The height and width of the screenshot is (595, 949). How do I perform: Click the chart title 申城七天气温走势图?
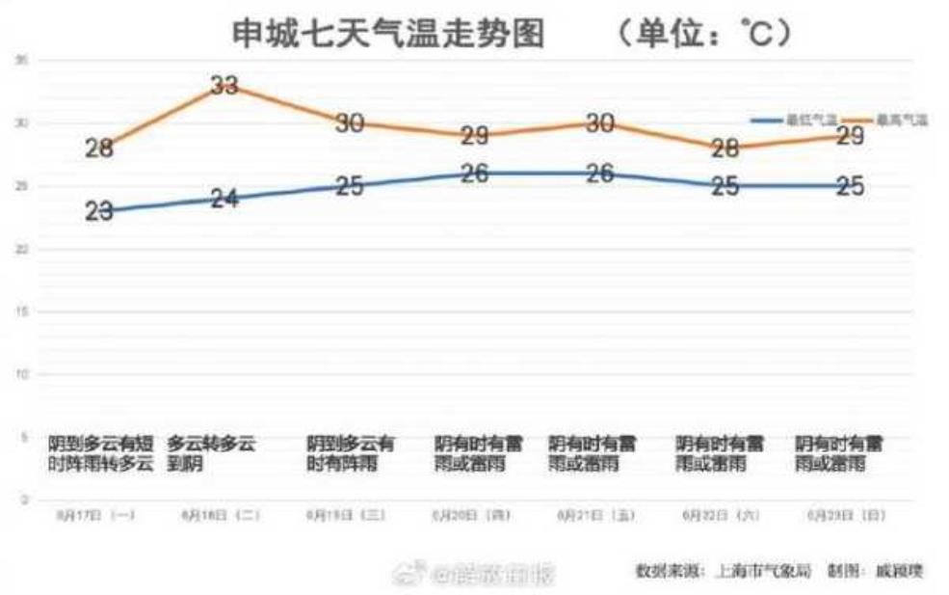tap(388, 35)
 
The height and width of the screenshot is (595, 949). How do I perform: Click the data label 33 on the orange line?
tap(224, 85)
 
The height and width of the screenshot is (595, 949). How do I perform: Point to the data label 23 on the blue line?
tap(99, 211)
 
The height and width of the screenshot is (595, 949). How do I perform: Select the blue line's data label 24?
tap(224, 199)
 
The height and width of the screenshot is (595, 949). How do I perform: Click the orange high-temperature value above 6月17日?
tap(99, 149)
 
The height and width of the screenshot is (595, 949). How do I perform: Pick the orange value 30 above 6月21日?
tap(599, 123)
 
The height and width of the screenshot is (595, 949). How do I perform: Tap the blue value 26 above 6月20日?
tap(473, 174)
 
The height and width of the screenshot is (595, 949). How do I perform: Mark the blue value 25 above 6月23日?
tap(849, 186)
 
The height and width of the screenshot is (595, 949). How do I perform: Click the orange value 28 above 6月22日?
tap(725, 149)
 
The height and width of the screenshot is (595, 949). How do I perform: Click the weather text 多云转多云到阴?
tap(211, 454)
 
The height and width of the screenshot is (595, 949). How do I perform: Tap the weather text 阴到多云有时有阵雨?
tap(350, 454)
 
